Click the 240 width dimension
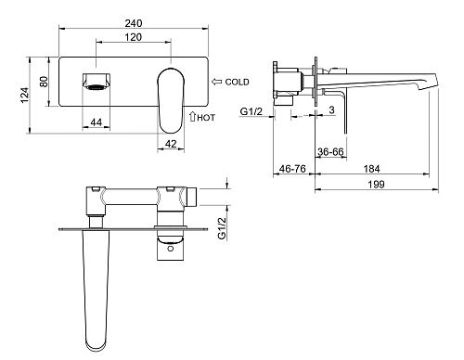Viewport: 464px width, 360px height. [134, 23]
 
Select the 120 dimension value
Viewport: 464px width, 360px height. [134, 37]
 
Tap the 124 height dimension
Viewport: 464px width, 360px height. [24, 96]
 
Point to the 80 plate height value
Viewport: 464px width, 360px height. [44, 82]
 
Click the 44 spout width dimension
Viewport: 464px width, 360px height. [97, 122]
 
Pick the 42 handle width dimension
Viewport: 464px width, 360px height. [171, 144]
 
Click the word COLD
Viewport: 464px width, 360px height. [237, 82]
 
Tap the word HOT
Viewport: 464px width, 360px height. [206, 118]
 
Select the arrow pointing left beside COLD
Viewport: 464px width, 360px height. [217, 82]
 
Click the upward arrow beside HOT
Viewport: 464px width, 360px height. [192, 116]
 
